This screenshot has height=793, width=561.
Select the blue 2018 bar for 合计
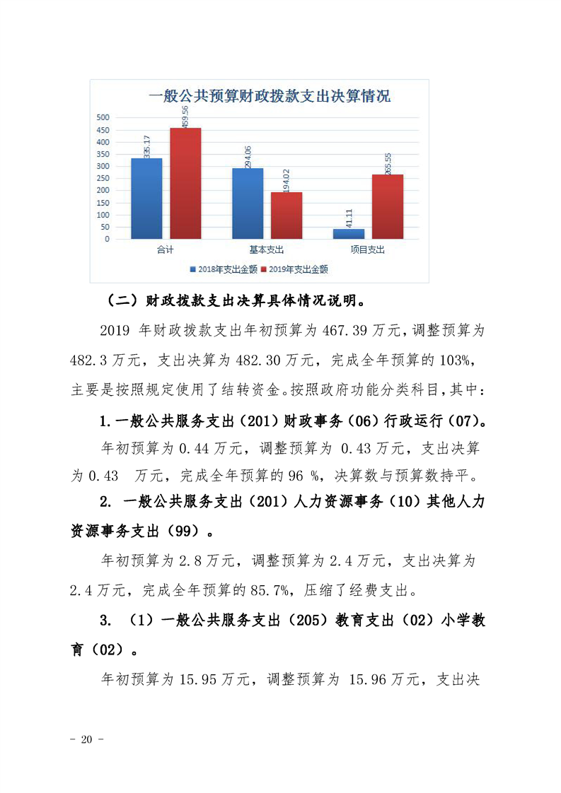pyautogui.click(x=146, y=199)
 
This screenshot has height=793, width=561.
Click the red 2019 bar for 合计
pyautogui.click(x=185, y=184)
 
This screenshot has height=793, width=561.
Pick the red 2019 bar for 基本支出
pyautogui.click(x=287, y=216)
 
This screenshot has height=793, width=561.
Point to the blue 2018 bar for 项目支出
pyautogui.click(x=349, y=233)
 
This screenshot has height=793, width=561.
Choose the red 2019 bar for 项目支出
pyautogui.click(x=388, y=206)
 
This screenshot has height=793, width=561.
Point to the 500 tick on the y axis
pyautogui.click(x=103, y=117)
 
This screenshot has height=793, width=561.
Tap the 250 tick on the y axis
pyautogui.click(x=103, y=178)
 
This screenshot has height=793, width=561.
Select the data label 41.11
pyautogui.click(x=348, y=217)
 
